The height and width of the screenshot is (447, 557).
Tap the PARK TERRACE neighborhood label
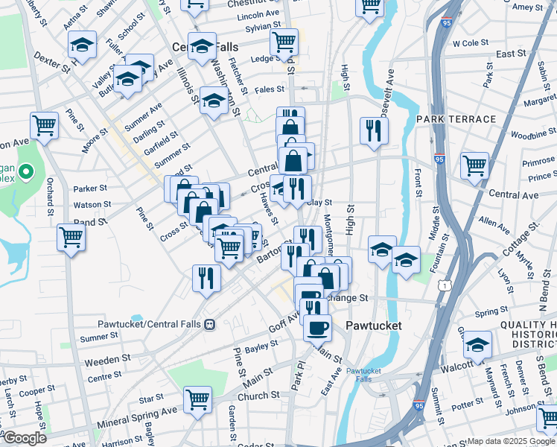[456, 119]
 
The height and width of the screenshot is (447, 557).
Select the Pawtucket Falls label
[363, 375]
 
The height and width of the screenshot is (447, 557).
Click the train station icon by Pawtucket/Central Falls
[211, 324]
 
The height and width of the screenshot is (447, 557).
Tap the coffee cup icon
[318, 327]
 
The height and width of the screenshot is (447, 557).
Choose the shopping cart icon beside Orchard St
[71, 238]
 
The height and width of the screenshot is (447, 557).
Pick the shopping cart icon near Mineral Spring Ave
[197, 399]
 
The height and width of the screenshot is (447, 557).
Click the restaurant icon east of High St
[374, 130]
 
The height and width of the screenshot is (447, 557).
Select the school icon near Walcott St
[477, 344]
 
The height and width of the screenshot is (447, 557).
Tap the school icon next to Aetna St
[83, 44]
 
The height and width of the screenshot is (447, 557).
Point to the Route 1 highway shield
[445, 285]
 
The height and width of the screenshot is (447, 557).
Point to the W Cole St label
[468, 44]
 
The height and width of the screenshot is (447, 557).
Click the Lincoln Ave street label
[258, 14]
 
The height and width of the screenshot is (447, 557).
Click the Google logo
[24, 438]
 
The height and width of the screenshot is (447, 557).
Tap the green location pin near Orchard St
[26, 173]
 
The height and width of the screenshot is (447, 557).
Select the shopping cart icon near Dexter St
[45, 124]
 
